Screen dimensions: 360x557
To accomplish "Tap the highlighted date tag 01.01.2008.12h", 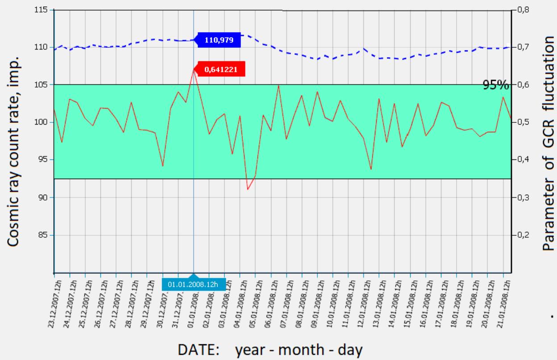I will [194, 284].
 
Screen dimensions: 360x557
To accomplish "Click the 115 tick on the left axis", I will [43, 10].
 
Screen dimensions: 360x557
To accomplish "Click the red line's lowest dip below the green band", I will [248, 189].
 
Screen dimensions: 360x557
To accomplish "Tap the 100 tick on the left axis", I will [43, 122].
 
